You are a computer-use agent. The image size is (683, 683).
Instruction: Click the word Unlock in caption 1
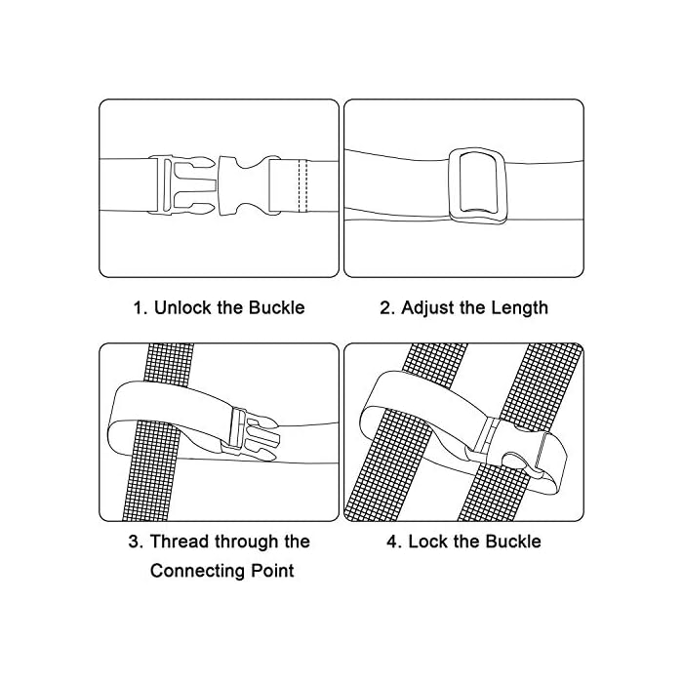[179, 308]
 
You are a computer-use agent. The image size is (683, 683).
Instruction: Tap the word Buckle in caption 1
[274, 308]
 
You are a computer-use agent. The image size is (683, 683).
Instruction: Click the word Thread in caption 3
[180, 542]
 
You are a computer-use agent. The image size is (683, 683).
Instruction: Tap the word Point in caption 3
[270, 571]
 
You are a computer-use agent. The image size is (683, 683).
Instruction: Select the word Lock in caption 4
[430, 542]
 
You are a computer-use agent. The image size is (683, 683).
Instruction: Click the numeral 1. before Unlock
[140, 308]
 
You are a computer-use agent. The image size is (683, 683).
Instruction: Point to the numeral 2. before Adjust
[386, 308]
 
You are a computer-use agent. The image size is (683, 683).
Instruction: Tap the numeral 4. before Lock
[394, 542]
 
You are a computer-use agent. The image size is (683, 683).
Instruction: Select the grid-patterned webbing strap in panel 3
[168, 488]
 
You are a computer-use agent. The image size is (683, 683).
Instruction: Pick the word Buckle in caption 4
[508, 542]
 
